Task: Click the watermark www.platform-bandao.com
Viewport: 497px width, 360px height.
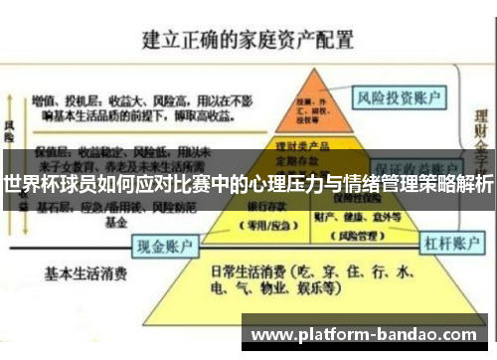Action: tap(366, 334)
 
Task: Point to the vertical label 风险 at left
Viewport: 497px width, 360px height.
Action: tap(10, 134)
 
